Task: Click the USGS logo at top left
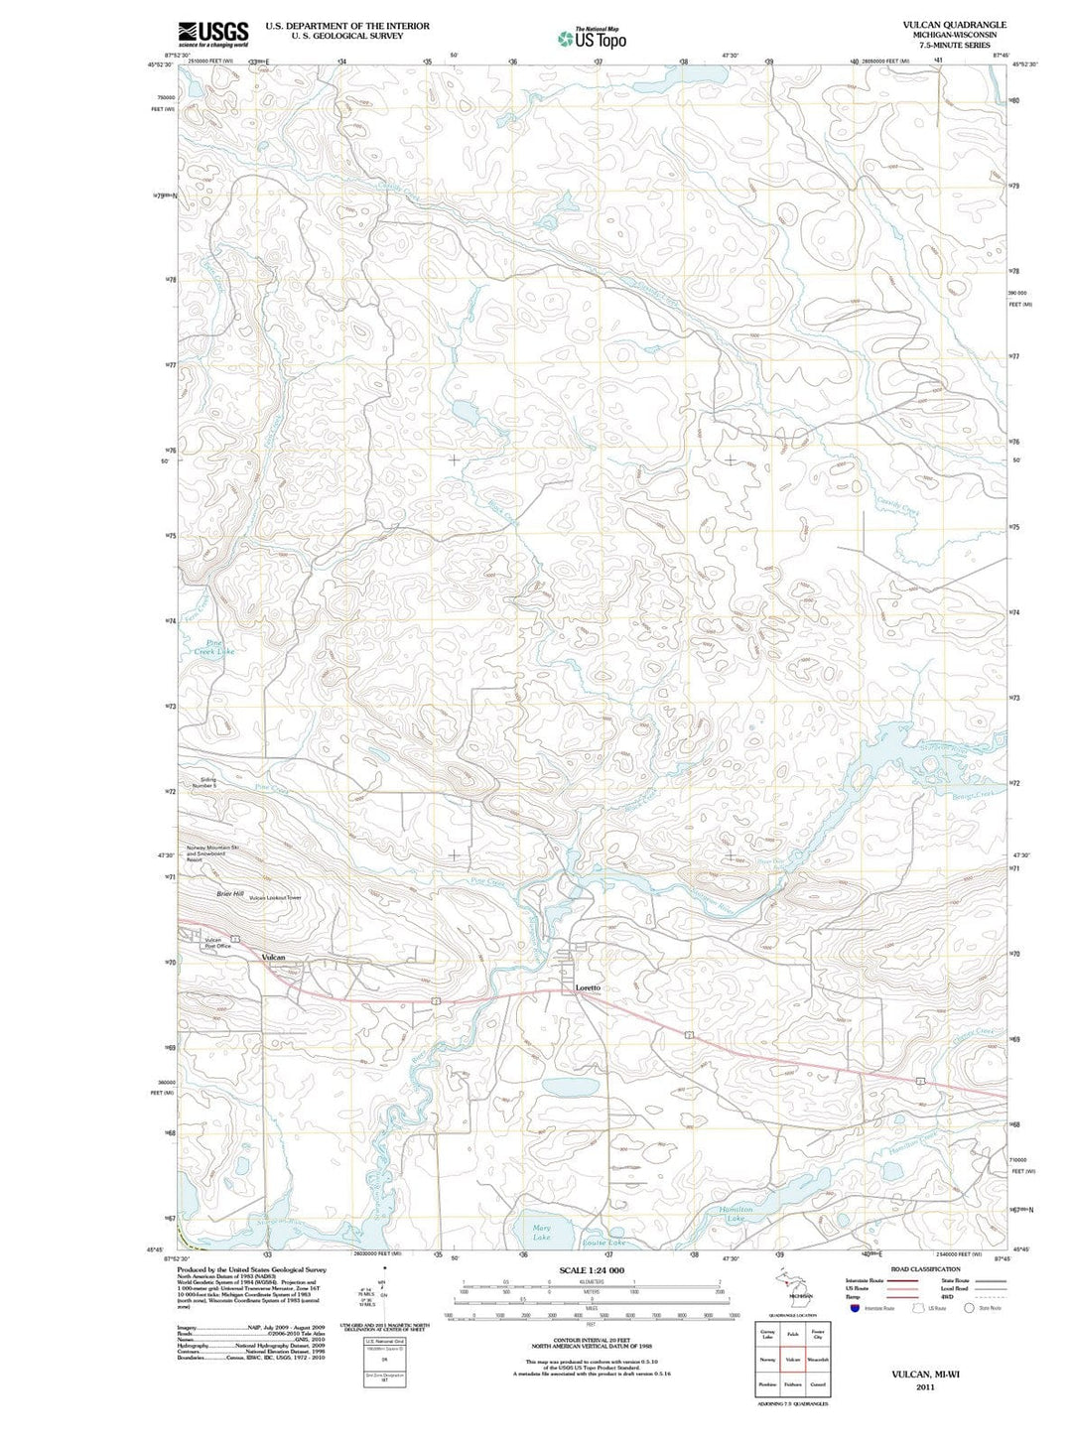click(212, 35)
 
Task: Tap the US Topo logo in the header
click(592, 38)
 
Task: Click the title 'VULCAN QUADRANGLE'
click(954, 25)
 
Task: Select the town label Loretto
click(588, 987)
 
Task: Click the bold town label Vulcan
click(273, 957)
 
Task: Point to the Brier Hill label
click(230, 894)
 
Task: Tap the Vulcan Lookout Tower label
click(275, 897)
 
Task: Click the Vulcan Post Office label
click(218, 943)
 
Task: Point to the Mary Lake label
click(541, 1233)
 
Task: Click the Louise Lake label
click(603, 1243)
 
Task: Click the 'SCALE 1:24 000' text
click(592, 1270)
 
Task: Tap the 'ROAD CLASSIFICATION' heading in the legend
click(925, 1269)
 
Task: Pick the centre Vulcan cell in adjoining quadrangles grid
click(792, 1360)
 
